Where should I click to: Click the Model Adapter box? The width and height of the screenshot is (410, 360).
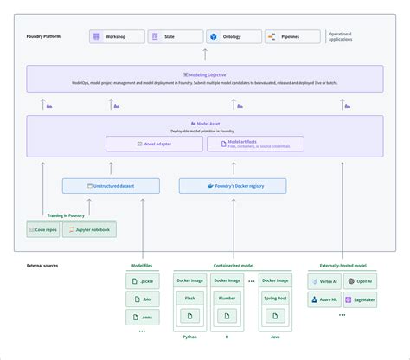[x=155, y=144]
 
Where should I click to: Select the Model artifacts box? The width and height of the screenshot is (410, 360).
[x=255, y=144]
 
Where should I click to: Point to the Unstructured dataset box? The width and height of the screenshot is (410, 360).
[x=111, y=185]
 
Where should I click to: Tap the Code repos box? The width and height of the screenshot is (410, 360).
[x=43, y=229]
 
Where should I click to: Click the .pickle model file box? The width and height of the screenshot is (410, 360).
[x=142, y=281]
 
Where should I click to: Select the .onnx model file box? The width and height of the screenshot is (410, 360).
[x=142, y=318]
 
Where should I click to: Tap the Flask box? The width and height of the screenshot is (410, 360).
[x=189, y=299]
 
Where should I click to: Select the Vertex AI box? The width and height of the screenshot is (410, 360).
[x=324, y=281]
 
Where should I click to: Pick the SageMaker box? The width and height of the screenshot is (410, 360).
[x=360, y=300]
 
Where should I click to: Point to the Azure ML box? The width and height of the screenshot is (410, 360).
[x=324, y=300]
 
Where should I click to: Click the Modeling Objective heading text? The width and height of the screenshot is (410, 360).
[x=205, y=75]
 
